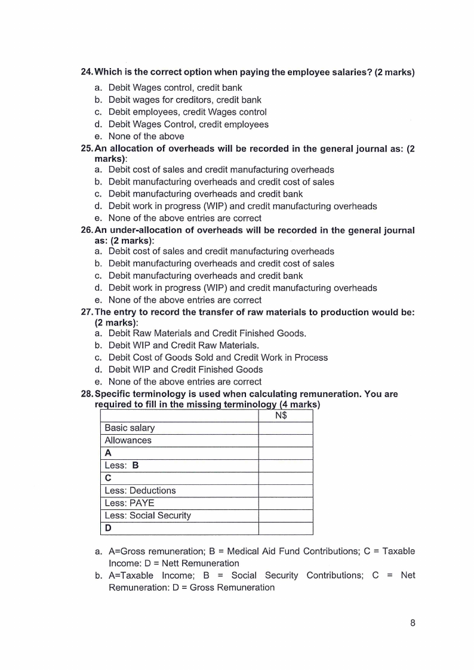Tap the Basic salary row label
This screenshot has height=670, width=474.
coord(130,428)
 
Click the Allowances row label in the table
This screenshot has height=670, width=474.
coord(128,440)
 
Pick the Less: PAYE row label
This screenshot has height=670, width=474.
coord(130,503)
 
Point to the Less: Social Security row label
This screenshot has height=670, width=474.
coord(147,515)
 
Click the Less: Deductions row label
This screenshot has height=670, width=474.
coord(140,490)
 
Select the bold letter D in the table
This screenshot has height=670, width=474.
coord(108,528)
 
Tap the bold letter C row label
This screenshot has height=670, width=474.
coord(108,478)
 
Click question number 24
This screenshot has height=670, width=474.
coord(87,73)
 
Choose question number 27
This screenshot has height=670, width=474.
coord(87,312)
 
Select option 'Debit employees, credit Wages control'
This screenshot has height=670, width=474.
coord(187,112)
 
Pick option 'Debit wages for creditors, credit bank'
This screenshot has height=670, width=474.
coord(185,100)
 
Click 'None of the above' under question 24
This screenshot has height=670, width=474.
coord(146,136)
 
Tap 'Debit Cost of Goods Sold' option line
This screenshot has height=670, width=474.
coord(218,357)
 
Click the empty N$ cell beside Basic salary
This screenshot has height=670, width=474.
coord(285,428)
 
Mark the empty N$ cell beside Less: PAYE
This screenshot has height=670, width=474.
coord(285,503)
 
